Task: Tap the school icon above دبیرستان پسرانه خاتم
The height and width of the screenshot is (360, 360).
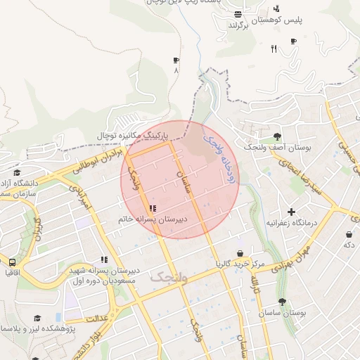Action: [153, 208]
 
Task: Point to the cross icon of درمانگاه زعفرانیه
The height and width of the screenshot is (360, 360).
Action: [291, 212]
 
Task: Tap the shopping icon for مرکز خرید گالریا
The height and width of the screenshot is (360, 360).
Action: [240, 253]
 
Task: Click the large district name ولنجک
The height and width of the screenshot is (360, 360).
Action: [169, 278]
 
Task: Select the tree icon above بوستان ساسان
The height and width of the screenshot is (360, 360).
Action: [282, 302]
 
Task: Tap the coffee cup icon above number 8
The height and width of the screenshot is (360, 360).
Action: [176, 60]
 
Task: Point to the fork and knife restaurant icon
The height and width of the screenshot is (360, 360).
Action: [274, 49]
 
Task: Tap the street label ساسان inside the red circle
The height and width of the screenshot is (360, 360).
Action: [187, 176]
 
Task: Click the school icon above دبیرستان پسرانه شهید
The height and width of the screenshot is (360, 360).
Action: [104, 259]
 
